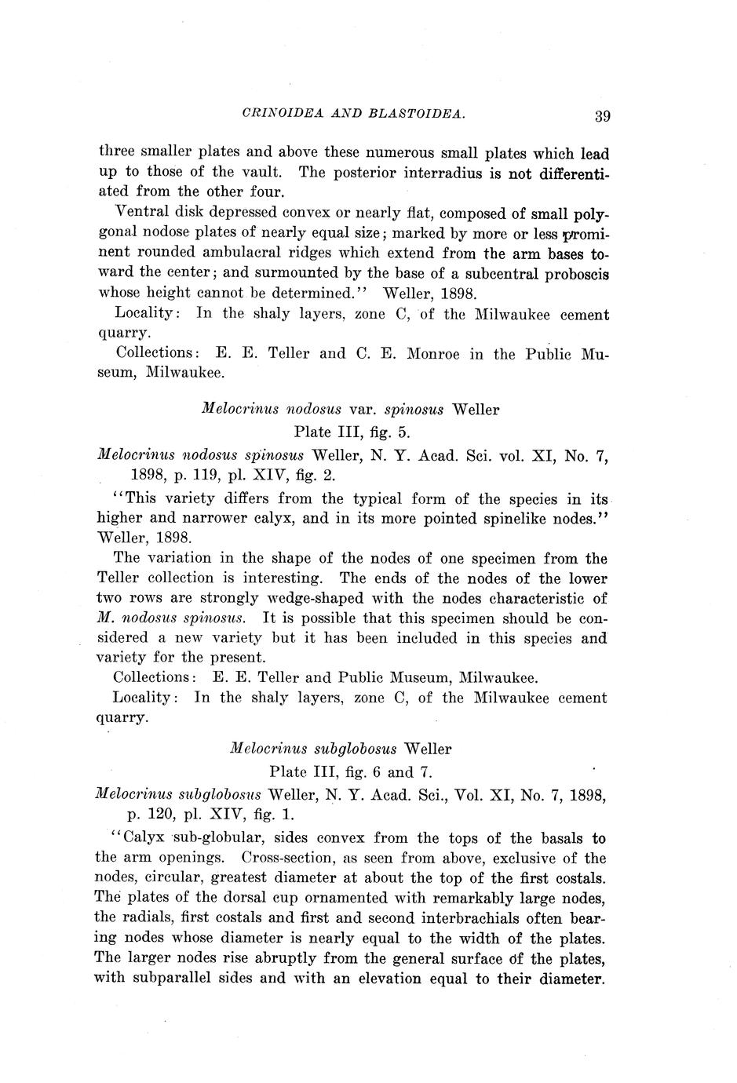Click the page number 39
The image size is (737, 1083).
point(602,116)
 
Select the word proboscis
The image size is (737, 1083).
point(571,274)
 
